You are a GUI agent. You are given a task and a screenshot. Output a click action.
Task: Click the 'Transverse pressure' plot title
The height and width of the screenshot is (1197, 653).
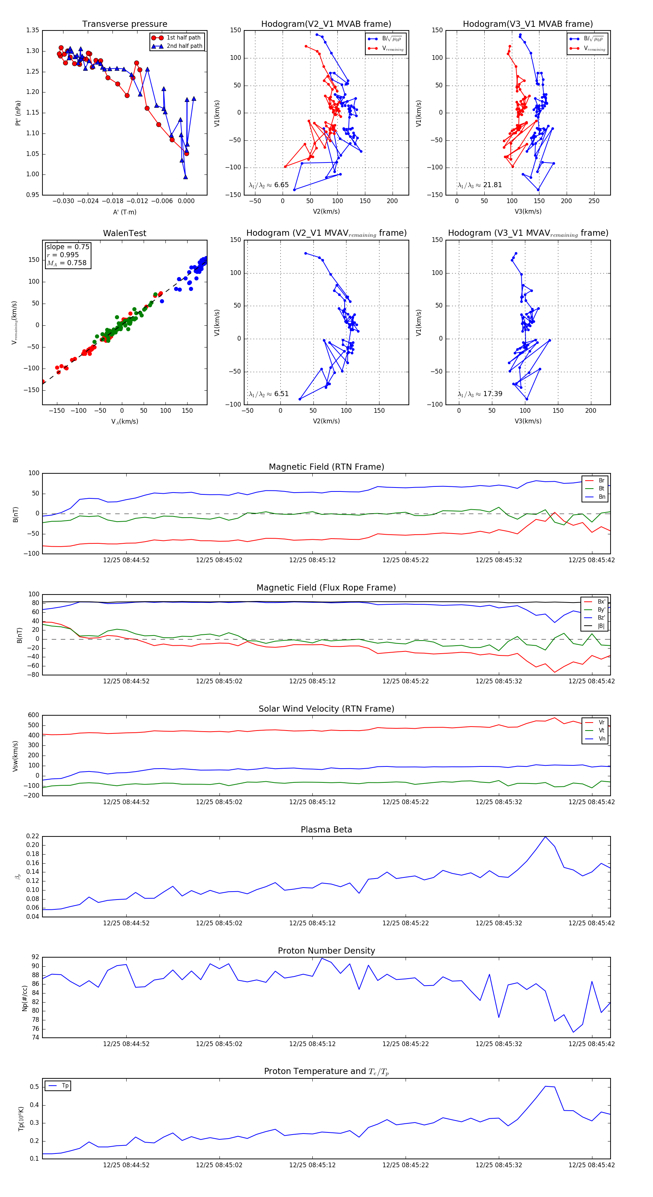coord(124,24)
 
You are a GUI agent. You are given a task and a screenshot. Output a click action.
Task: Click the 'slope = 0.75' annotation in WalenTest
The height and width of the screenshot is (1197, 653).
coord(67,247)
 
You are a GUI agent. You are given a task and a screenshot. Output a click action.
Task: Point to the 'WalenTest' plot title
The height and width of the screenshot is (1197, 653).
coord(124,233)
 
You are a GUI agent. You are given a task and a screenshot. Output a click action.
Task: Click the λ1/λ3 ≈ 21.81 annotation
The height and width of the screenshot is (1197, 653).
coord(480,185)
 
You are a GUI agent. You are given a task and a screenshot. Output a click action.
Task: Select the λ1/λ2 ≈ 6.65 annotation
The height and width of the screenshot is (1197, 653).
coord(268,185)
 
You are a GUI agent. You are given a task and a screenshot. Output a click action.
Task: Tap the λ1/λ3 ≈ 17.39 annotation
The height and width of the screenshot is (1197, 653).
coord(480,394)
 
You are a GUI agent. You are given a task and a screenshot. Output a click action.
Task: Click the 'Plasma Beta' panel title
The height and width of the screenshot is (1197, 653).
coord(326,830)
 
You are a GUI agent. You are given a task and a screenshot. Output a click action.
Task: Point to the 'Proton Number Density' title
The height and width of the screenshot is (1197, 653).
coord(326,951)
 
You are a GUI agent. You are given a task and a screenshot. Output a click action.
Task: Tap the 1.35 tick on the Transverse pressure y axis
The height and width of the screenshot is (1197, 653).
coord(33,30)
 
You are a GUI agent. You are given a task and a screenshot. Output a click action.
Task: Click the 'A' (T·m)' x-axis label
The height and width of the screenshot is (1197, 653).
coord(124,212)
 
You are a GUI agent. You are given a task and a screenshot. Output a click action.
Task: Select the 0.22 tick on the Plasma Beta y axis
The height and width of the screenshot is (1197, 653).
coord(33,836)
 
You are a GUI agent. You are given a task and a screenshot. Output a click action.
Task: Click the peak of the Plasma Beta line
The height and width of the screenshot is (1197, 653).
coord(545,837)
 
